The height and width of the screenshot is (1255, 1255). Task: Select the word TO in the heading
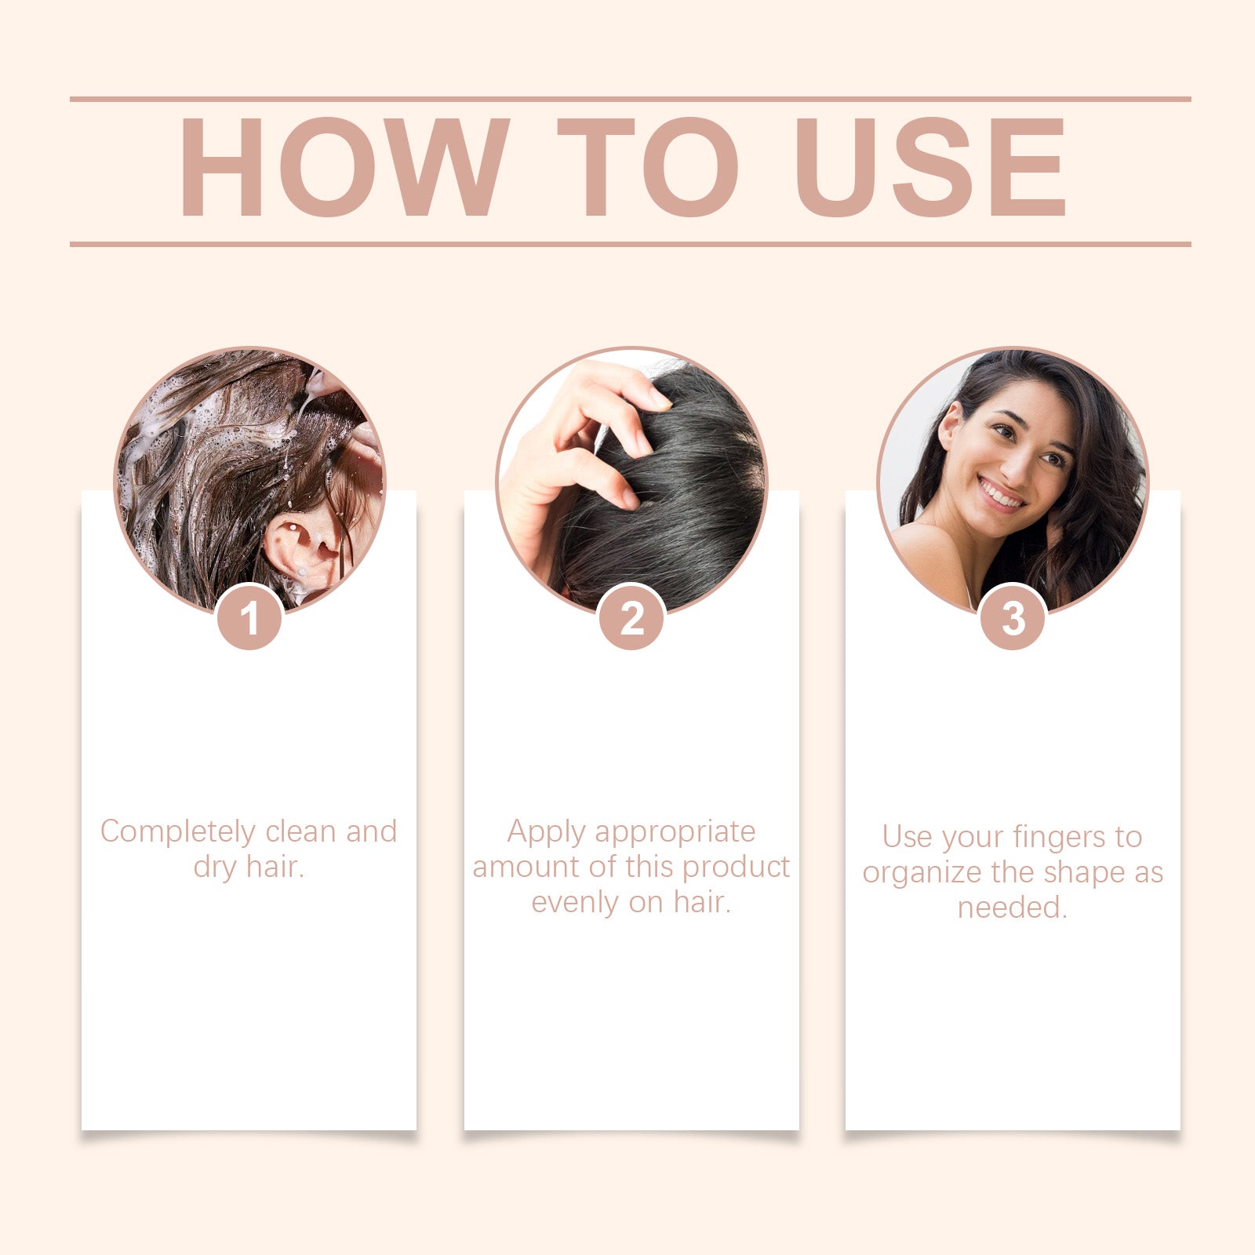click(648, 167)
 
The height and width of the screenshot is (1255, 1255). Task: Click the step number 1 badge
click(249, 619)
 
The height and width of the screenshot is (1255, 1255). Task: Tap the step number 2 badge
click(631, 619)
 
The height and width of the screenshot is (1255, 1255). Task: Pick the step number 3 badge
click(1013, 619)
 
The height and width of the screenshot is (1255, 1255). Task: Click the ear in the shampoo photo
click(302, 549)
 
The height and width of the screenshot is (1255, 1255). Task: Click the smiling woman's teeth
click(1003, 495)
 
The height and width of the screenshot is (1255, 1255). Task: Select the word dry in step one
click(214, 868)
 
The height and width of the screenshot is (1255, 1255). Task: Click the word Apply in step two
click(546, 832)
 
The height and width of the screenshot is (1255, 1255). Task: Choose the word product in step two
click(736, 868)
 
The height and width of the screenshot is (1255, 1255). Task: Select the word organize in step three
click(911, 874)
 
